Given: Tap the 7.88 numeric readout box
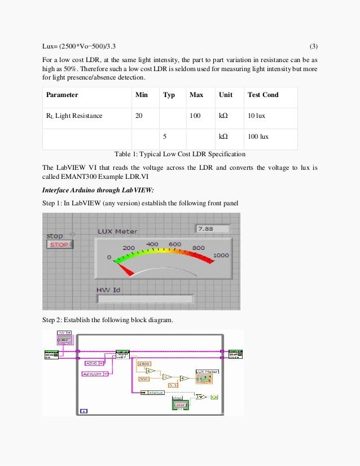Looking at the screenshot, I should (212, 229).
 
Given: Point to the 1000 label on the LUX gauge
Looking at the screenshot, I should (221, 255).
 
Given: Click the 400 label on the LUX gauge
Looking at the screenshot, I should (152, 244).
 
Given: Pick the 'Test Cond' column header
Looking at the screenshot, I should (263, 95).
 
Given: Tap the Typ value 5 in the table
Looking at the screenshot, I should (164, 137).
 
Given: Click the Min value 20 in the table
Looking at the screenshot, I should (139, 116).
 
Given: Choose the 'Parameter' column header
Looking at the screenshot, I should (62, 95).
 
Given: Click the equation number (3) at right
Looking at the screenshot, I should (314, 45).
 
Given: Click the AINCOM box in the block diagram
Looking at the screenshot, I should (90, 374).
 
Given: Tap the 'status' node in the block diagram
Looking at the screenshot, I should (155, 392).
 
